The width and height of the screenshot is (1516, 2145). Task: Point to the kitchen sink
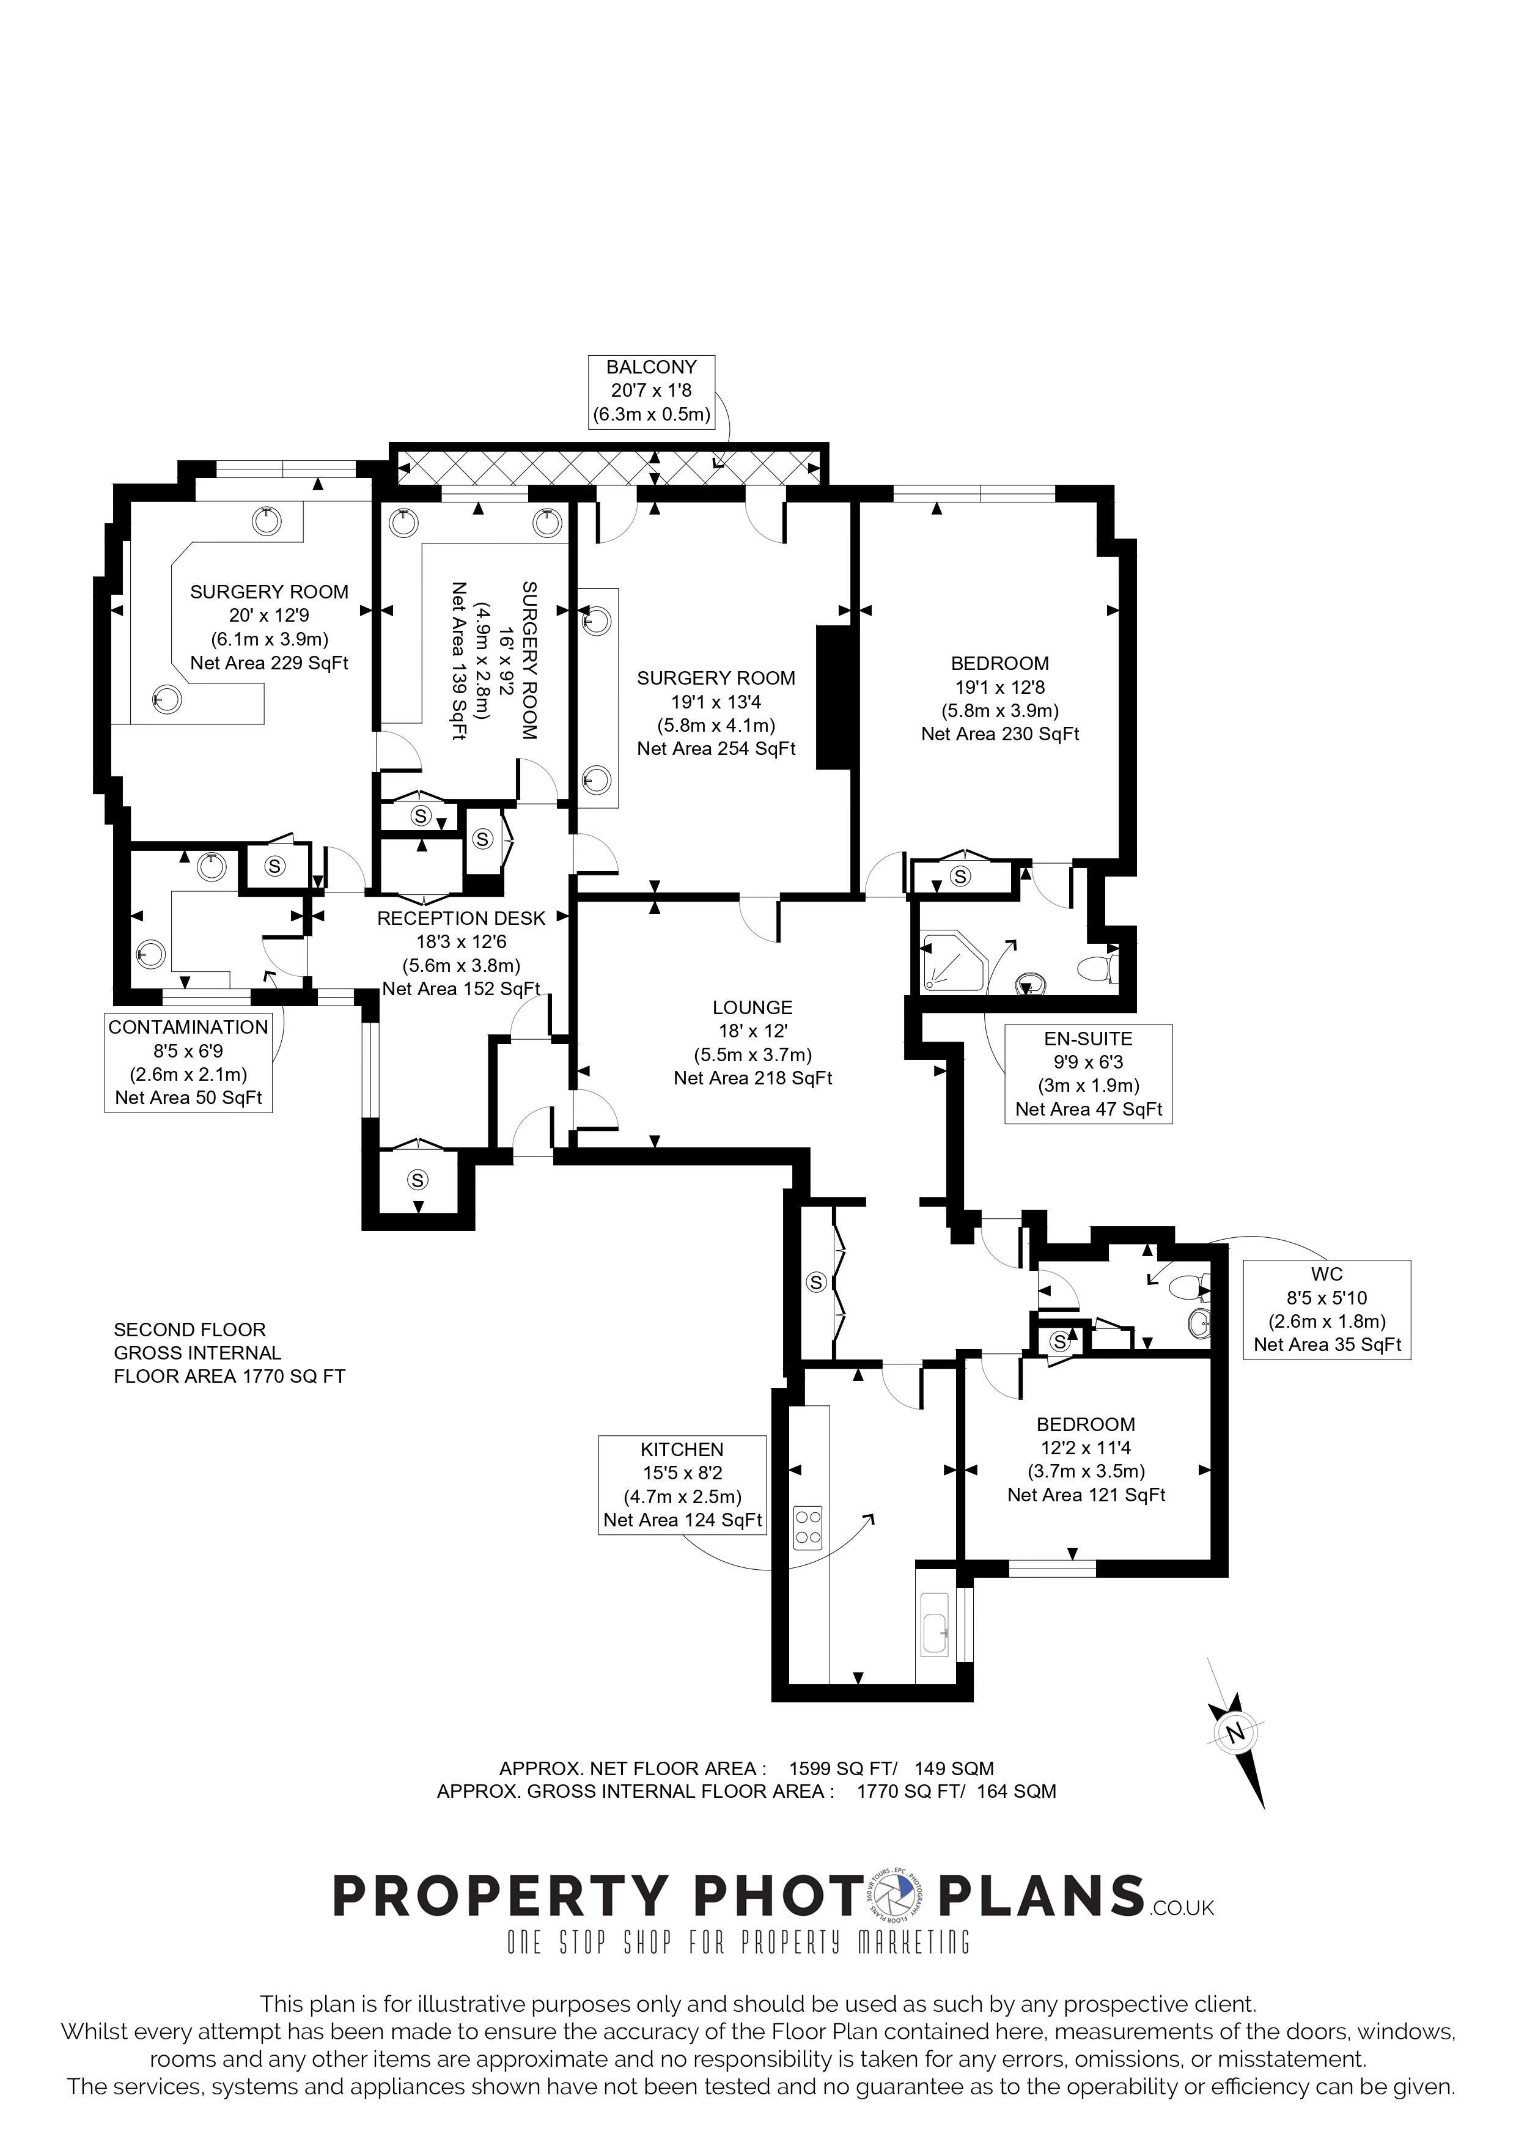(x=935, y=1625)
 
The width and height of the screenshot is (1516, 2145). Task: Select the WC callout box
(x=1327, y=1310)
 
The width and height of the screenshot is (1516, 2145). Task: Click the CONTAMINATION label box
(x=189, y=1063)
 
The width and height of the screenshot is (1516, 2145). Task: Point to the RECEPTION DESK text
(x=462, y=918)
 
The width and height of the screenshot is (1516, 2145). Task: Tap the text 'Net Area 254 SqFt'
(x=716, y=748)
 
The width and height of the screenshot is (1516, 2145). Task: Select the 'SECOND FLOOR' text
(x=189, y=1330)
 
